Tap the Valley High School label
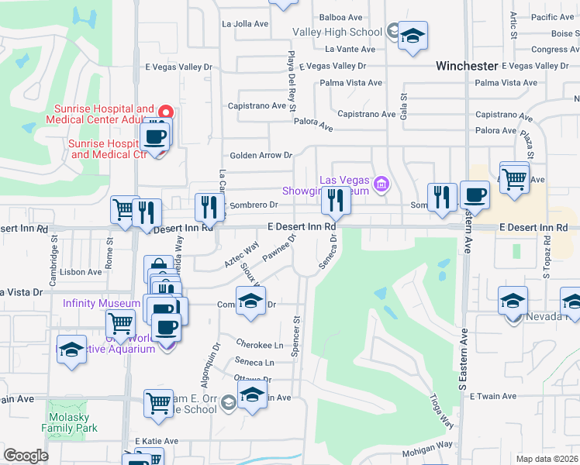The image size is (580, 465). coord(337,32)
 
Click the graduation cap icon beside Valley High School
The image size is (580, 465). coord(413,36)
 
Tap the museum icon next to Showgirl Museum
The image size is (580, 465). coord(381,184)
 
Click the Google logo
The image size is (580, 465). coord(26,456)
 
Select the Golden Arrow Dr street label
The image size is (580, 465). coord(260,155)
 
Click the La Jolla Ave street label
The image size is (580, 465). coord(245,23)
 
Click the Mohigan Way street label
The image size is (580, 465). coord(426,445)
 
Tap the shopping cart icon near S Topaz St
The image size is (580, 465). coord(514,178)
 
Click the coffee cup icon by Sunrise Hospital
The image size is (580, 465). coord(154,138)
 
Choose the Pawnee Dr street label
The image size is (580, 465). coord(279,252)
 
